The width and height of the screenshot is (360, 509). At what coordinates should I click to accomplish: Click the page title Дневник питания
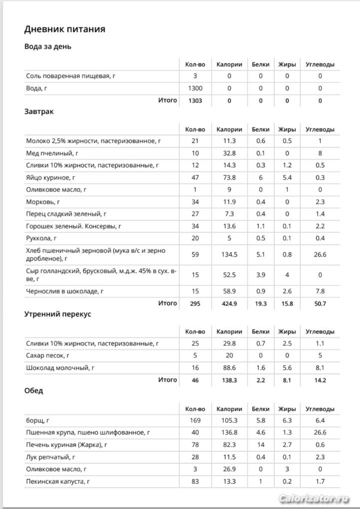64,29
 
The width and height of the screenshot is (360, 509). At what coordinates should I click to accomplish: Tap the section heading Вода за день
48,46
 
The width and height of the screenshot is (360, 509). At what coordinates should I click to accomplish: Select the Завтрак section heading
39,111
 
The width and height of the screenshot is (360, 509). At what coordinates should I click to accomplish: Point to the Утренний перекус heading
57,314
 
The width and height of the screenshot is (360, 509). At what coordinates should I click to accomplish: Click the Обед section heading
33,390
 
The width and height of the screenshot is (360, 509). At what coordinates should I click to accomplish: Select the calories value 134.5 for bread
229,254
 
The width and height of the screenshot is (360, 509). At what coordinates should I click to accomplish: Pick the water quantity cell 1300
195,88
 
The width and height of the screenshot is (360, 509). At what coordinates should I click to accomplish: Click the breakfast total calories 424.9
229,303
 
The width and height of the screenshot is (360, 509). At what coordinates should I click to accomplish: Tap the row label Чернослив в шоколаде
67,291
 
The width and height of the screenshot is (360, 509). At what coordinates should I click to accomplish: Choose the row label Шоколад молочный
60,368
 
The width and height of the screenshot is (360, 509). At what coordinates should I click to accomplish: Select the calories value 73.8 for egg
229,177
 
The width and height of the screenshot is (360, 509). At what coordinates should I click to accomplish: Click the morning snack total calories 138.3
229,380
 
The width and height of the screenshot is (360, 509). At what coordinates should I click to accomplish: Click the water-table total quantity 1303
195,101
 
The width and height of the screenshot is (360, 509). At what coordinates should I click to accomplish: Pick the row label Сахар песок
47,356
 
